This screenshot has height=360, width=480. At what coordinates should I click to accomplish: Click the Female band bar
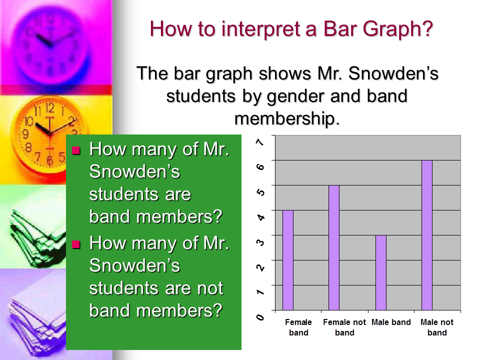[288, 260]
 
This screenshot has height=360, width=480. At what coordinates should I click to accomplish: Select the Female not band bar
[334, 247]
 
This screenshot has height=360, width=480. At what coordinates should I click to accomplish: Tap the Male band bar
[381, 273]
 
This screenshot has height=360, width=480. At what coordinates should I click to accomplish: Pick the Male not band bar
[427, 235]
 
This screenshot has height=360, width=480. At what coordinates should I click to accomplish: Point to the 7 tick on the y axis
[260, 142]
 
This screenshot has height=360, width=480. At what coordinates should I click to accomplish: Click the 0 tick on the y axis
[260, 317]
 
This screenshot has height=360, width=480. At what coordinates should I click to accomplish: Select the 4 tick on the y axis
[260, 217]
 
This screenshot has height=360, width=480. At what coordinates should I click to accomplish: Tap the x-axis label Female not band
[344, 327]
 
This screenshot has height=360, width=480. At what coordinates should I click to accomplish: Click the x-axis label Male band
[391, 322]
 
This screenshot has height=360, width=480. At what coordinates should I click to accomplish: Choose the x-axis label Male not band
[437, 327]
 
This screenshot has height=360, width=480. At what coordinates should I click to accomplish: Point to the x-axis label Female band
[298, 327]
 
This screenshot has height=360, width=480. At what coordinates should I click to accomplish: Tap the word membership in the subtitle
[287, 118]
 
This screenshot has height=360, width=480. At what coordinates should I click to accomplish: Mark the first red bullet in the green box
[76, 150]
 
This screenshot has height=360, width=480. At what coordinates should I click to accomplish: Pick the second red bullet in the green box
[76, 244]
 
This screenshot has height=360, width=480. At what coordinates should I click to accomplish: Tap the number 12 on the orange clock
[50, 108]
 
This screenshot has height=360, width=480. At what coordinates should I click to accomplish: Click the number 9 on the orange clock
[25, 134]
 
